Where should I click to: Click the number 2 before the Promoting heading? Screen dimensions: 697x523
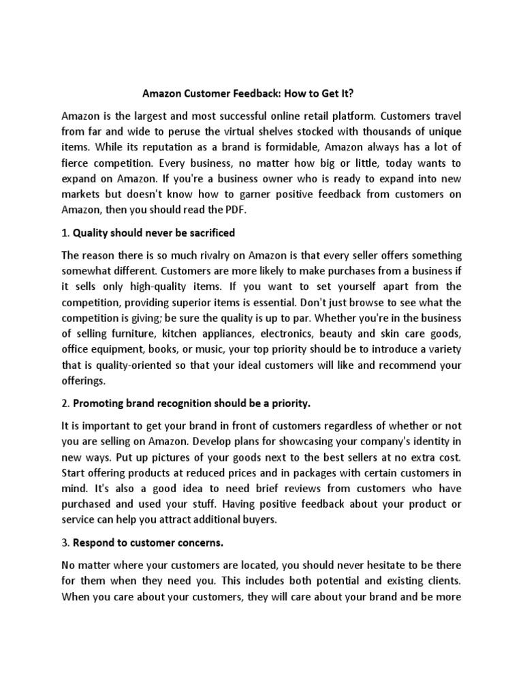pyautogui.click(x=65, y=404)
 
